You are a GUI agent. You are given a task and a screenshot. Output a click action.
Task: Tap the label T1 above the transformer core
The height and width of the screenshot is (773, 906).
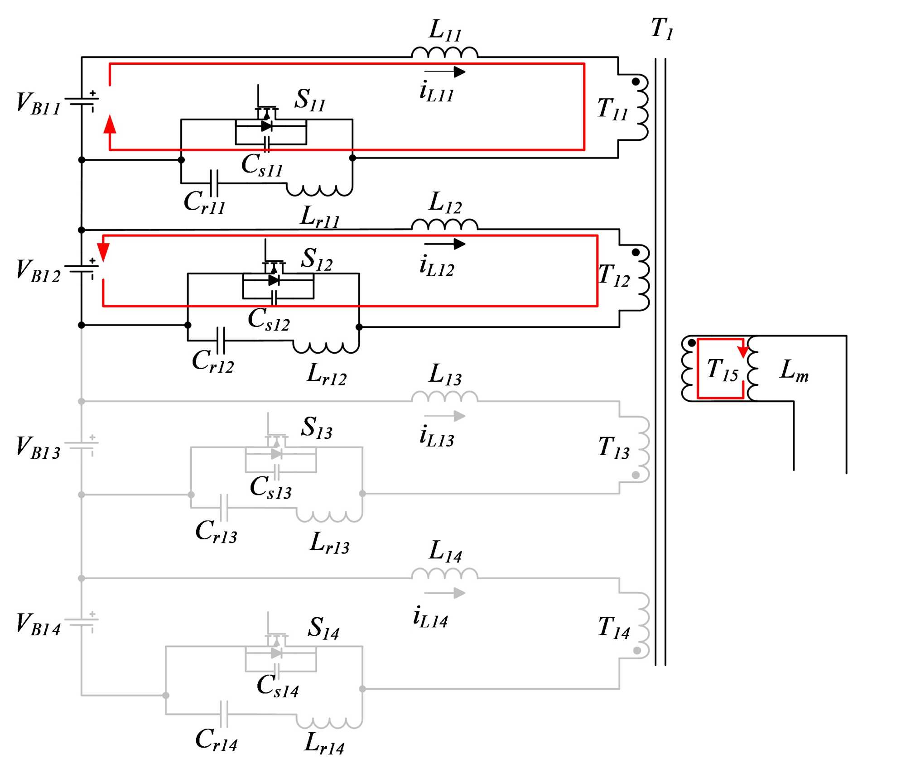tap(662, 29)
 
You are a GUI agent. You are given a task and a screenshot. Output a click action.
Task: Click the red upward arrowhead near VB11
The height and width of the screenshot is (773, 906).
tap(110, 124)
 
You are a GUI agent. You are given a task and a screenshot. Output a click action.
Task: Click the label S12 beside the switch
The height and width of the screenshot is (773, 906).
tap(317, 259)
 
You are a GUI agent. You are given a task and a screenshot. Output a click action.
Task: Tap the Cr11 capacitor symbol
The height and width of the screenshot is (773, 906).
tap(214, 183)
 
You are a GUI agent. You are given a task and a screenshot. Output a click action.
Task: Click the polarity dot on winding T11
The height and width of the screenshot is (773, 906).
tap(636, 82)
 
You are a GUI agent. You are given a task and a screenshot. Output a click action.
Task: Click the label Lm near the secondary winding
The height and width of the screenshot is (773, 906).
tap(794, 370)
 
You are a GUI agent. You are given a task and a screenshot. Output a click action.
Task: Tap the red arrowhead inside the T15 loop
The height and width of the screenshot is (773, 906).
tap(743, 351)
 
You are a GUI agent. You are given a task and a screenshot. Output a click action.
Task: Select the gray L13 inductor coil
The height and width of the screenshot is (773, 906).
tap(444, 397)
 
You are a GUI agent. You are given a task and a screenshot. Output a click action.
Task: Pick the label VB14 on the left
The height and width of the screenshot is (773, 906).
tap(39, 624)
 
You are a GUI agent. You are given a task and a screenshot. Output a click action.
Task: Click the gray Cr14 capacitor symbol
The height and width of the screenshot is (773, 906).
tap(224, 714)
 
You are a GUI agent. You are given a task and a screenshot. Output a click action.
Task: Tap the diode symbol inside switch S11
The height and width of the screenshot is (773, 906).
tap(267, 126)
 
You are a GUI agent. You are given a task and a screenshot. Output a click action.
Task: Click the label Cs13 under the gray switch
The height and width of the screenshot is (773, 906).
tap(270, 488)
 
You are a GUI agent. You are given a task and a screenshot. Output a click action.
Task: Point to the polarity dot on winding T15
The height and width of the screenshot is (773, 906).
tap(691, 343)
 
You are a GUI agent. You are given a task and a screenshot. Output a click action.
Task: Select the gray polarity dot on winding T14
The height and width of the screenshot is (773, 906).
tap(637, 650)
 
